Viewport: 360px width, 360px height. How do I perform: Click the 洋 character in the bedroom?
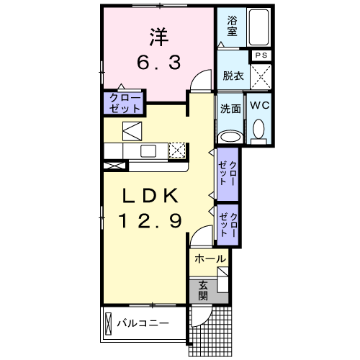pos(158,35)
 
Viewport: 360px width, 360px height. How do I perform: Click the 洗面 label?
pos(230,109)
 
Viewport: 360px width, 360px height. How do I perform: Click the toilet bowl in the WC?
pos(259,130)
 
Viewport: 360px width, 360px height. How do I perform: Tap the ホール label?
pos(210,258)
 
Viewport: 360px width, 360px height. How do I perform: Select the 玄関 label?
pos(203,289)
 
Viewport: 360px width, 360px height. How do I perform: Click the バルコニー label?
pos(143,323)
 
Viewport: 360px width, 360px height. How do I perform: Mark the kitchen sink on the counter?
pos(148,150)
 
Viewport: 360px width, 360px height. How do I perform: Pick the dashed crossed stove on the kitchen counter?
pos(177,150)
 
